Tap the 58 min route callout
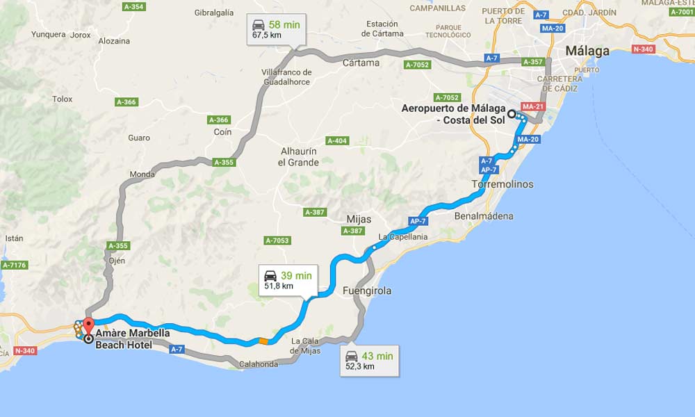276,30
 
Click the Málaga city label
587,51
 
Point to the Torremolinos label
502,184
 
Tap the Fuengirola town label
367,291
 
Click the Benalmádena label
484,216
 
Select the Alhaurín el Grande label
298,157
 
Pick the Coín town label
222,132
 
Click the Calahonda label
258,363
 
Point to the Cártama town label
361,63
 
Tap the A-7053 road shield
277,240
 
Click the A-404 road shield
336,141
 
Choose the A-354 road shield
133,7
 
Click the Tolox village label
63,99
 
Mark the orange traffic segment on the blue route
263,341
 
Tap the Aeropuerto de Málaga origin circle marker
512,114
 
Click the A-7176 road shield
14,265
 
